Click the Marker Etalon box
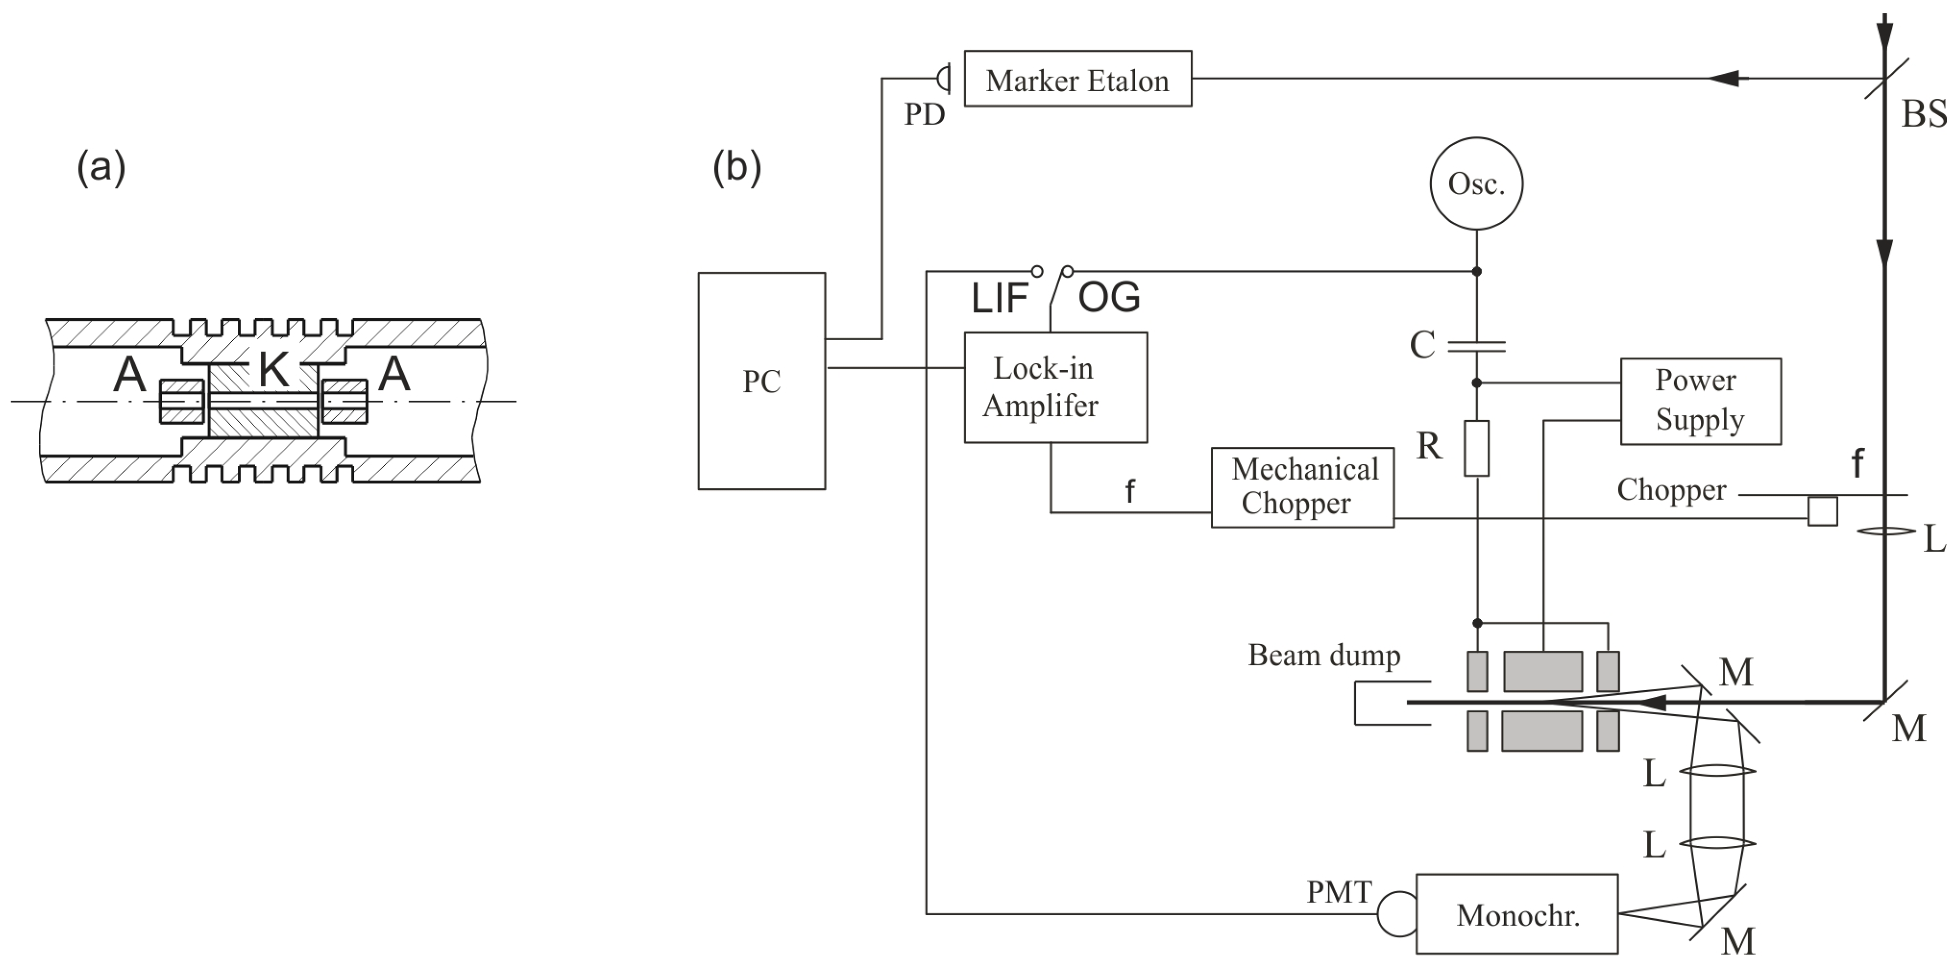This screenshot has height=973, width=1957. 1077,79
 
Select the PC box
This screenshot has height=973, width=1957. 761,381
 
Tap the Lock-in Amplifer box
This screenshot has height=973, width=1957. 1055,387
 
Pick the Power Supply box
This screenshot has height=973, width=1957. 1700,401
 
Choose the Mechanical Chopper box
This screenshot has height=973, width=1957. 1302,487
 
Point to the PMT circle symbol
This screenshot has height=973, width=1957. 1397,914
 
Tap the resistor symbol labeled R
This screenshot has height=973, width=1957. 1476,448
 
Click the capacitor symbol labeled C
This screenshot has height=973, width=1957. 1476,347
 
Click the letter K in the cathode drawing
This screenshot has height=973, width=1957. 274,370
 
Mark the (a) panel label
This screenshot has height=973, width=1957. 101,167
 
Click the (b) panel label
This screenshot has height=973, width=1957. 736,167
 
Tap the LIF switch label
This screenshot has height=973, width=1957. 999,298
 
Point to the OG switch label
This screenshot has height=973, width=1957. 1109,297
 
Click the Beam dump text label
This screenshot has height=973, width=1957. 1324,655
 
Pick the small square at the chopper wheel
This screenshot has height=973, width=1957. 1822,511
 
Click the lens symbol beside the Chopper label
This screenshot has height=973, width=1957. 1886,531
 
